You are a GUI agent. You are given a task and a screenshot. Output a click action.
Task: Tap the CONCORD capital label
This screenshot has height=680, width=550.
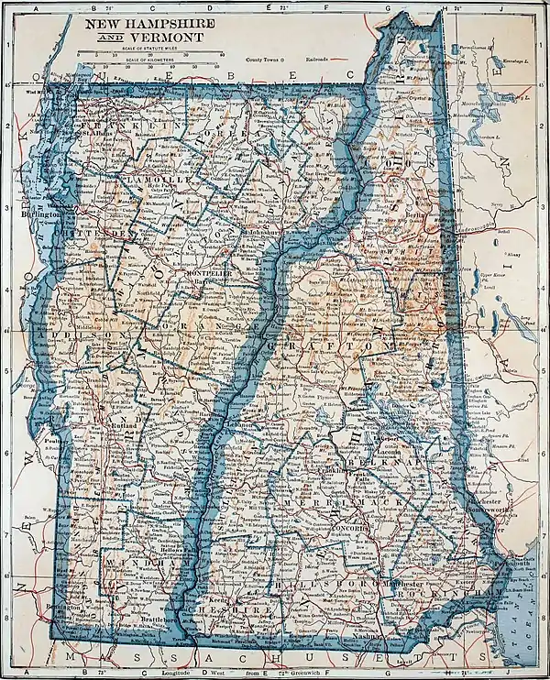(x=350, y=531)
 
